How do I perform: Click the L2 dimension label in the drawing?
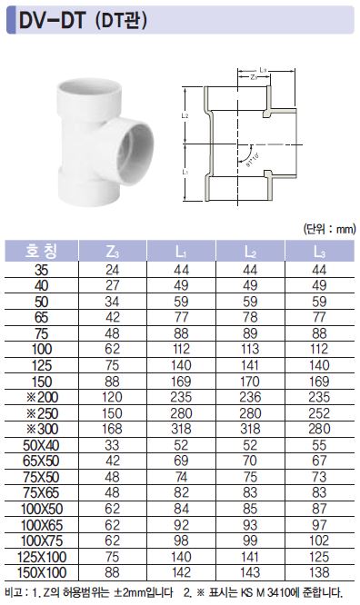[185, 115]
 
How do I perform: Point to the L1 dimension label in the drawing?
[185, 172]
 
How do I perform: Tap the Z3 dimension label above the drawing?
[254, 77]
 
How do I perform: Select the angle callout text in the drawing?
[253, 159]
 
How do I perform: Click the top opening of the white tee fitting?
[90, 90]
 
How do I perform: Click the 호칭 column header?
[41, 252]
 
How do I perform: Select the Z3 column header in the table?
[112, 252]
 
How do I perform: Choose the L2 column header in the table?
[250, 252]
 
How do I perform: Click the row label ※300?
[43, 429]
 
